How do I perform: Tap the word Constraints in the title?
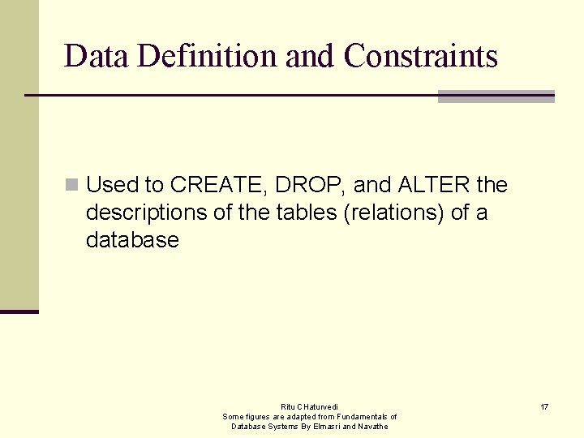click(420, 56)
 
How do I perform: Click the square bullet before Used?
click(72, 186)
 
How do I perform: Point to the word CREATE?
click(218, 186)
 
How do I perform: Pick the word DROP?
click(312, 186)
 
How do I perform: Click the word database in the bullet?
click(132, 241)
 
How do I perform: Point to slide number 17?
click(544, 406)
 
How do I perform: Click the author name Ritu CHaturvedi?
click(310, 406)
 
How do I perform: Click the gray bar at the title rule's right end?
click(496, 97)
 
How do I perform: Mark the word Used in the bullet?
click(113, 186)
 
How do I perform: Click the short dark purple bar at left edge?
click(19, 311)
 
